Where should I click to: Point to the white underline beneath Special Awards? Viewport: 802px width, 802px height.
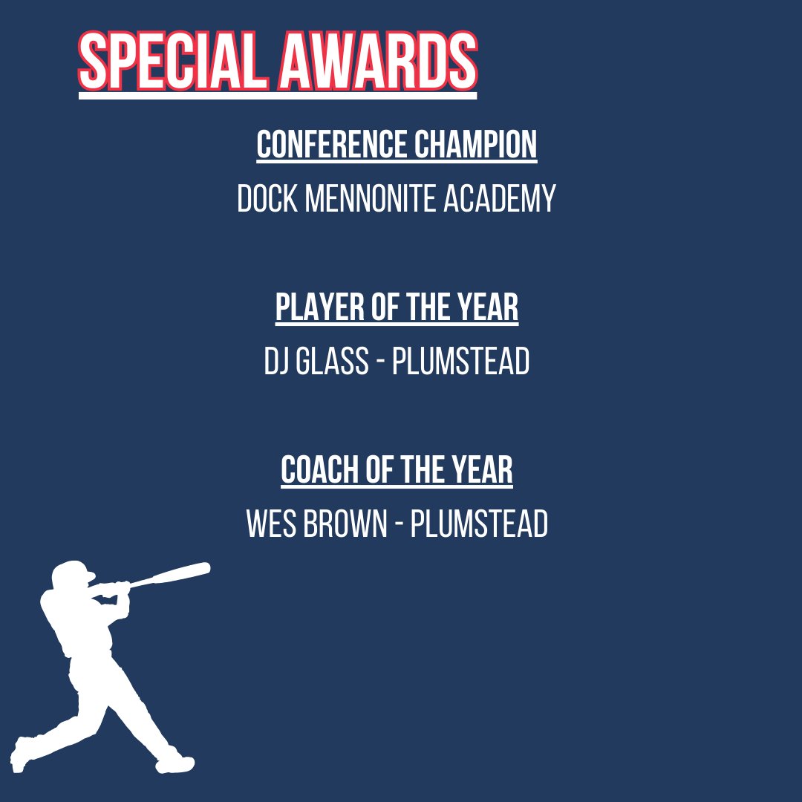point(278,95)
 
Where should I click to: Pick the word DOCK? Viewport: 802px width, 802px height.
point(268,199)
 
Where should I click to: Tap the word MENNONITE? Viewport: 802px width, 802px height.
point(371,199)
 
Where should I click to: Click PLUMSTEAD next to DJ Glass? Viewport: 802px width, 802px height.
point(460,362)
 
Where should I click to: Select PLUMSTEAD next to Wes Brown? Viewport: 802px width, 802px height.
point(479,525)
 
